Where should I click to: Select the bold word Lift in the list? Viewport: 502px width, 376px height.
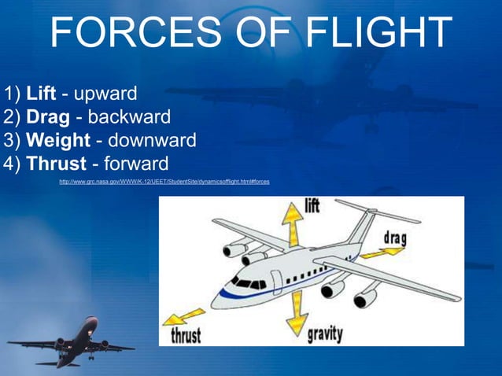(x=41, y=95)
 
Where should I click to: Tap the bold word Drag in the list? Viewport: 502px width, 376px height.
(x=48, y=118)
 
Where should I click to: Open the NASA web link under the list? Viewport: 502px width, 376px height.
(x=164, y=182)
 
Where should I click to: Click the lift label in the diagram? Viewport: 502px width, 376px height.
(x=312, y=206)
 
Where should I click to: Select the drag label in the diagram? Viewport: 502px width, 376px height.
(x=396, y=237)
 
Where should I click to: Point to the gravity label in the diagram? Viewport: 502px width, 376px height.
(x=325, y=334)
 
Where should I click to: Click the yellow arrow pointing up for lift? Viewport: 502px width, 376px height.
(x=293, y=224)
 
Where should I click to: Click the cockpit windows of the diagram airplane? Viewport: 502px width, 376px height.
(x=249, y=282)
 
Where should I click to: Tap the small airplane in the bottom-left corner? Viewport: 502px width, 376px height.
(x=74, y=343)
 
